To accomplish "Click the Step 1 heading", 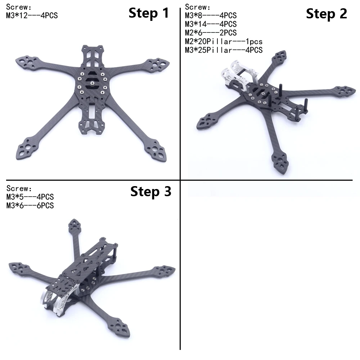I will click(x=149, y=13).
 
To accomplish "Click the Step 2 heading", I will click(x=326, y=14).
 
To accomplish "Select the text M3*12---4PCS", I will click(x=32, y=15).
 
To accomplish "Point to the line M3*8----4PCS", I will click(x=211, y=15).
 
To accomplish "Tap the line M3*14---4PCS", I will click(x=211, y=24).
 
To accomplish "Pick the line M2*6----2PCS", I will click(x=211, y=33).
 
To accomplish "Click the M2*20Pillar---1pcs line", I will click(x=224, y=41).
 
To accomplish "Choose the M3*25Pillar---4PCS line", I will click(x=224, y=50).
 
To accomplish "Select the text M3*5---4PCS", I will click(x=30, y=197).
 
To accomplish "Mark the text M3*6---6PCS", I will click(x=30, y=206).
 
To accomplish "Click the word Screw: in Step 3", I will click(x=19, y=188).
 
